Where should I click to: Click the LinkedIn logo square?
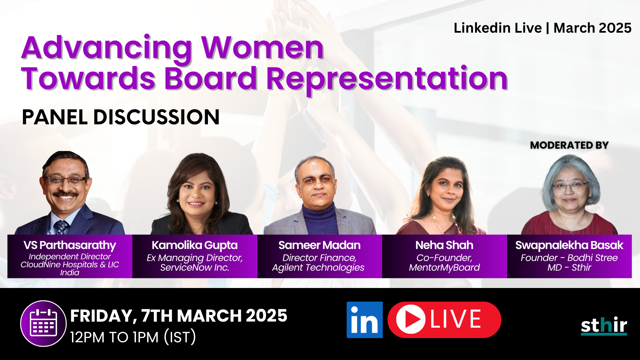click(x=364, y=320)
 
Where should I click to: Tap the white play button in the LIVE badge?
click(x=410, y=319)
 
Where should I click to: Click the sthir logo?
click(x=604, y=326)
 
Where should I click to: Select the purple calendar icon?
click(x=43, y=323)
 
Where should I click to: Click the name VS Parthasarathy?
click(x=70, y=245)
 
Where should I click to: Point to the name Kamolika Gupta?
click(x=195, y=245)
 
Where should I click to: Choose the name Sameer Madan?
click(x=319, y=245)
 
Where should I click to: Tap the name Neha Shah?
click(x=444, y=245)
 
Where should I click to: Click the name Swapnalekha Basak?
click(x=569, y=245)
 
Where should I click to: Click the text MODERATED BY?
click(x=569, y=145)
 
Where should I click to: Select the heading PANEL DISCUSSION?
click(x=121, y=117)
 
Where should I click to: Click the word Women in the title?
click(x=262, y=48)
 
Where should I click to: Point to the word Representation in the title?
click(x=387, y=79)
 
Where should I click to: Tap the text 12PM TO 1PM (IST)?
click(x=133, y=337)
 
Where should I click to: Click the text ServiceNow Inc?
click(x=195, y=268)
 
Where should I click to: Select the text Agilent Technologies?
click(x=318, y=268)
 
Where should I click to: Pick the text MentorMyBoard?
click(x=444, y=268)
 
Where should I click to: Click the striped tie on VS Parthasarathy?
click(x=61, y=227)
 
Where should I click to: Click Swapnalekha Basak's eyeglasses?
click(x=570, y=186)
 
